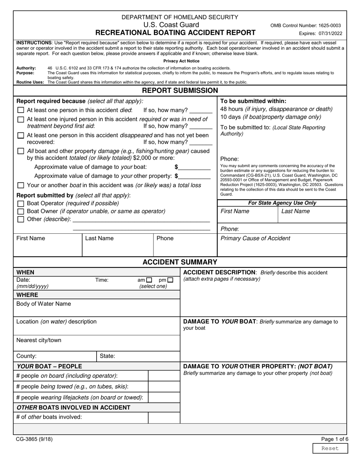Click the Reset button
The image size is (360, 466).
coord(329,448)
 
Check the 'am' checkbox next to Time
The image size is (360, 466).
coord(149,280)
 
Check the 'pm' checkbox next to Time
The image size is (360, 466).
coord(170,280)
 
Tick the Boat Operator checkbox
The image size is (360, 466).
coord(21,203)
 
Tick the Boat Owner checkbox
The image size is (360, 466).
coord(21,211)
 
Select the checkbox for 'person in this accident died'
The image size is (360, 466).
coord(21,110)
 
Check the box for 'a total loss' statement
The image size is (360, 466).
coord(21,185)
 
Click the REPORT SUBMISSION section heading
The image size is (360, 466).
coord(180,91)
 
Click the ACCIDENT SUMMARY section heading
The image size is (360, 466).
coord(180,262)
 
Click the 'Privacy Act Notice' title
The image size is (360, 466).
coord(181,61)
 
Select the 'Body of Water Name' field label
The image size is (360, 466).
coord(44,304)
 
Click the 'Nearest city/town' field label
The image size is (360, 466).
coord(39,340)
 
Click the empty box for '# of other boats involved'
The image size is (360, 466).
coord(164,417)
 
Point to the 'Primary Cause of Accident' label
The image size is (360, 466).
coord(255,238)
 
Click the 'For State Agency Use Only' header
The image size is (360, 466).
coord(282,203)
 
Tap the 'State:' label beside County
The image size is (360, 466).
coord(107,356)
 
